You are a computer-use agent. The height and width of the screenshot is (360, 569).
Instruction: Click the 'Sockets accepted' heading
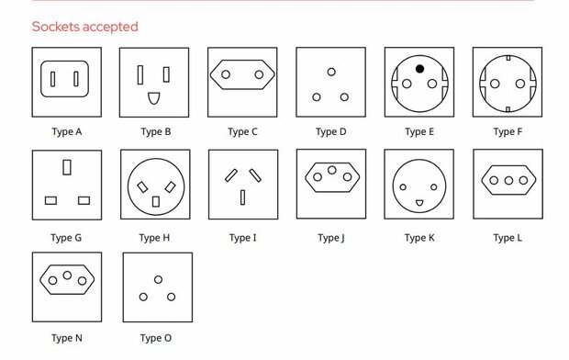(84, 27)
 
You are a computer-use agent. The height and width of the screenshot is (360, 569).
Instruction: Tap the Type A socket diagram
(66, 82)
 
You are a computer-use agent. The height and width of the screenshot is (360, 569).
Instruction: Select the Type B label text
(155, 131)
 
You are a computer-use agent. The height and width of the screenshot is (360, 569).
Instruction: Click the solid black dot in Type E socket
(418, 69)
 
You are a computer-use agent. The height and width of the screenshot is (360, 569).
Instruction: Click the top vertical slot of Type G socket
(66, 167)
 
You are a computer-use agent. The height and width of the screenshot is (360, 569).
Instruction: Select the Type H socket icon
(155, 185)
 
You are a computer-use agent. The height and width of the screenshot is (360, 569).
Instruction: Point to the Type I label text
(242, 238)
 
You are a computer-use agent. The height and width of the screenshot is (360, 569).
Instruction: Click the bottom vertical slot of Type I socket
(242, 197)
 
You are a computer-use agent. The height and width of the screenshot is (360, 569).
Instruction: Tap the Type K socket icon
(418, 185)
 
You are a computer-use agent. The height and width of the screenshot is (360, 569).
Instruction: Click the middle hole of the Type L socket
(507, 180)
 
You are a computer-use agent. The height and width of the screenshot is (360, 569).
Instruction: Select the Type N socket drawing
(66, 277)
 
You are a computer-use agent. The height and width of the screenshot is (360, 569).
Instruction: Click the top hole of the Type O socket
(158, 278)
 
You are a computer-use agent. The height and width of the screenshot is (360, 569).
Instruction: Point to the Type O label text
(155, 338)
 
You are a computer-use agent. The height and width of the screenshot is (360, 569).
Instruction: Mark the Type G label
(66, 238)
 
